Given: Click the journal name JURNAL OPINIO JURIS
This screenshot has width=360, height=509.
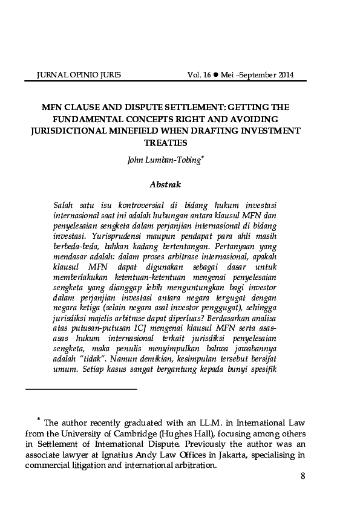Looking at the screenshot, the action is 79,76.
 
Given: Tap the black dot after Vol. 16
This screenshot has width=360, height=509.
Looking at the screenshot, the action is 215,76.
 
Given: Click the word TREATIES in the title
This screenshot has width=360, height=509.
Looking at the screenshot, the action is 166,143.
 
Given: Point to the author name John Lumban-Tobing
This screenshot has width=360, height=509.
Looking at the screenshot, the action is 163,160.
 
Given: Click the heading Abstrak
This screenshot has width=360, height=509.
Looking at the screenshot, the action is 165,184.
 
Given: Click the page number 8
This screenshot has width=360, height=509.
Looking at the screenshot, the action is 303,476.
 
